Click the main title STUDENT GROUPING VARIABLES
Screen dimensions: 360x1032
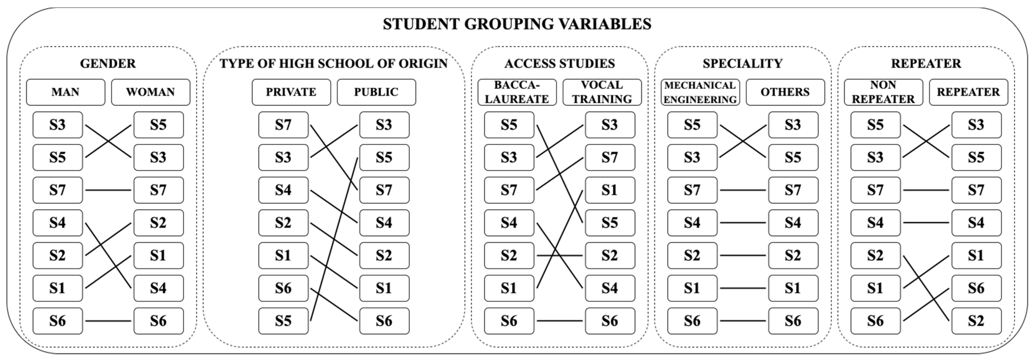click(517, 24)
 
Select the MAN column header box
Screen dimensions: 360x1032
click(66, 92)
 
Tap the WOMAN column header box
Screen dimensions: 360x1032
click(151, 92)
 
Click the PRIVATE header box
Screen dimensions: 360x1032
click(291, 92)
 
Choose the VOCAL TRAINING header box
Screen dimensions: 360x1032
click(602, 92)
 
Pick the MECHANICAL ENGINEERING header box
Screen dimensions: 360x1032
click(700, 92)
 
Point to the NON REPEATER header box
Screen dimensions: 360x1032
click(883, 92)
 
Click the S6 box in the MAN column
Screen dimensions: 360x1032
click(58, 321)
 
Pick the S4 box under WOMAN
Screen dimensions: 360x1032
click(159, 288)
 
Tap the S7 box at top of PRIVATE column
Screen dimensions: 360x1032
click(283, 125)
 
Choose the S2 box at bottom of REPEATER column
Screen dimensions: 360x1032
click(976, 321)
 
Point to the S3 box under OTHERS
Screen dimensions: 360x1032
click(793, 125)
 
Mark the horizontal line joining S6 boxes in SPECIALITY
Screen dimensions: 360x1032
click(743, 321)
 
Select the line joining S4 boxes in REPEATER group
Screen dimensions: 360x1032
click(926, 223)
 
